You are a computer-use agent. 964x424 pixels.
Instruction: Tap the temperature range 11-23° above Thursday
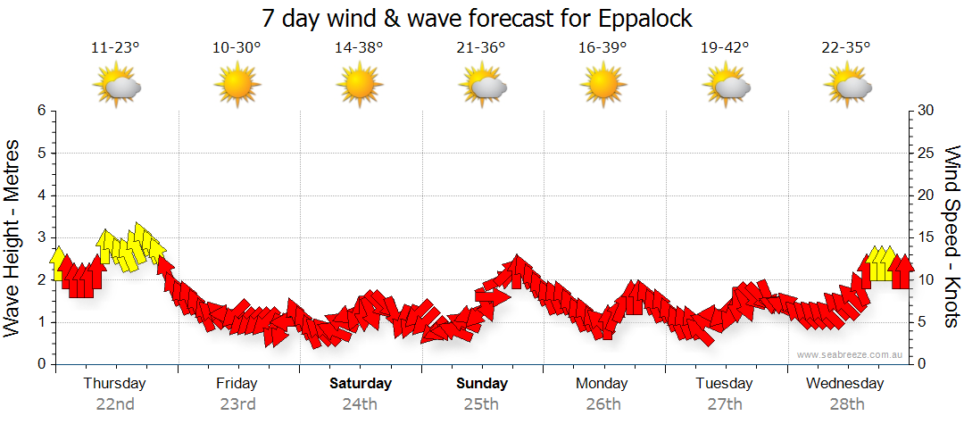tap(115, 48)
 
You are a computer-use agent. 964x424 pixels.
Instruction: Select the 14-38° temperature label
tap(359, 48)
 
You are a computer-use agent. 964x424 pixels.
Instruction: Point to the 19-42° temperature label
tap(725, 48)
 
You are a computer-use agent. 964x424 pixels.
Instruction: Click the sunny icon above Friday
tap(237, 86)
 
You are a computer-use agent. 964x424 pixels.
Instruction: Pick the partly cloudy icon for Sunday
tap(481, 86)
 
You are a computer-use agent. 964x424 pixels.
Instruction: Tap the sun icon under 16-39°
tap(602, 86)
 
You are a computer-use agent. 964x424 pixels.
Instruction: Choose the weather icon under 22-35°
tap(846, 86)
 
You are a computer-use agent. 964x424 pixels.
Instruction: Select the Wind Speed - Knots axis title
tap(951, 237)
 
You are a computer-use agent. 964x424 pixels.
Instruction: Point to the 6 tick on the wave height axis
tap(41, 111)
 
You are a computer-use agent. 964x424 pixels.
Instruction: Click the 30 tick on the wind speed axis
tap(926, 111)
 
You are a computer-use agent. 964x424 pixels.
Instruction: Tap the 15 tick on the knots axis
tap(926, 237)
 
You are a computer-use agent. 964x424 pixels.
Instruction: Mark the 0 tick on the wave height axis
tap(41, 364)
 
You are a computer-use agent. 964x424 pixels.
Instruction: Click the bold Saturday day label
tap(361, 384)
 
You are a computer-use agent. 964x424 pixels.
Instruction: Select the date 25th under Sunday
tap(481, 404)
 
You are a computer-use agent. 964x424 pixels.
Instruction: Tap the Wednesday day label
tap(844, 384)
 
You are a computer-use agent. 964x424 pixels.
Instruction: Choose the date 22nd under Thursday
tap(115, 404)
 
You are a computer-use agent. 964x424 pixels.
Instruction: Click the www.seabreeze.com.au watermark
tap(850, 354)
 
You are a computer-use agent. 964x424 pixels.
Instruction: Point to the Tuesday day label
tap(724, 384)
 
